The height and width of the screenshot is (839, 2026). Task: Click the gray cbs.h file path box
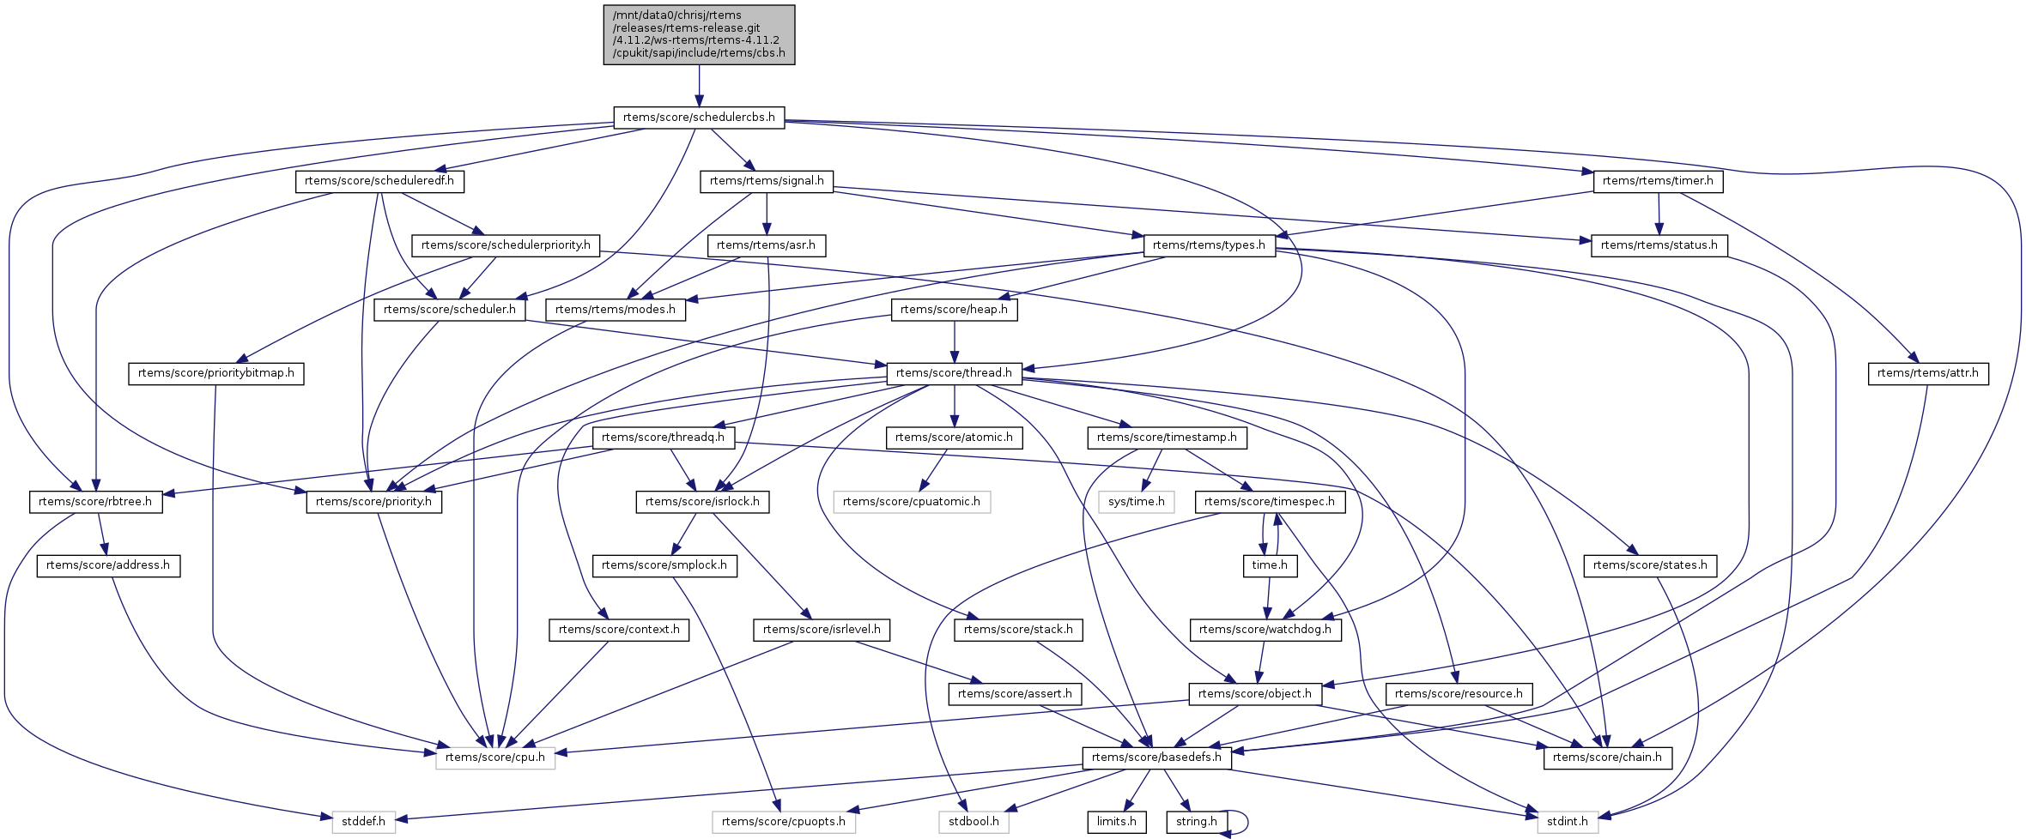click(699, 34)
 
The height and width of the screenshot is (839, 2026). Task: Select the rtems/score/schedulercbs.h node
click(699, 118)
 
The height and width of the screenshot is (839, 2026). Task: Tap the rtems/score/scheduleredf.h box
click(379, 181)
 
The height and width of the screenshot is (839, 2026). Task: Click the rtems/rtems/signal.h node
click(767, 181)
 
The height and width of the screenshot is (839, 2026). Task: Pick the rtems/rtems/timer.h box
click(1658, 181)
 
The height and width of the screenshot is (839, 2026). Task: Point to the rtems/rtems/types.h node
click(1209, 245)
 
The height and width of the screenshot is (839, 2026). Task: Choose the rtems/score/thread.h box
click(954, 373)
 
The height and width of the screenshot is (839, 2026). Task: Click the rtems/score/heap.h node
click(954, 310)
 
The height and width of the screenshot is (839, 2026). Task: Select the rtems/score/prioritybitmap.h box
click(216, 373)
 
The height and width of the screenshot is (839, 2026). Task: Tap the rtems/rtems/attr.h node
click(1927, 373)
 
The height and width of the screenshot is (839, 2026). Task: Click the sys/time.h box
click(1136, 502)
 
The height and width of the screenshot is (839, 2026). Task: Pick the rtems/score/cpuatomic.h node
click(912, 502)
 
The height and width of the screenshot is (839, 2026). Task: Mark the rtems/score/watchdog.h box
click(1265, 630)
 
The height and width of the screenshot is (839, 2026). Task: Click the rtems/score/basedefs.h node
click(1156, 758)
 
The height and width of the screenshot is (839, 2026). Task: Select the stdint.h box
click(1567, 822)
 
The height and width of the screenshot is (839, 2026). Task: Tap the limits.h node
click(1116, 822)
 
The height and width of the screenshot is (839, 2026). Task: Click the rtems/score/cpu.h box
click(495, 758)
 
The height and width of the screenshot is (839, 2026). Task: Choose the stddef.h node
click(364, 822)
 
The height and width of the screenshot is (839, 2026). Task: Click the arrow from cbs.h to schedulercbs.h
click(699, 86)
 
